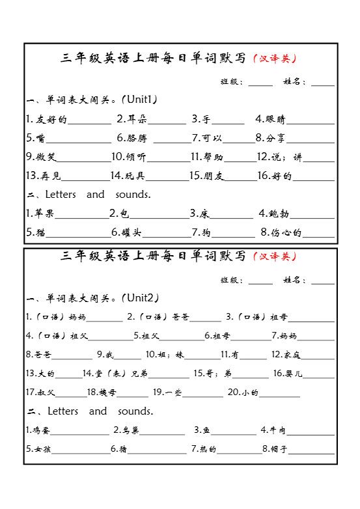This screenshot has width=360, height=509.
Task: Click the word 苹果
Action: [x=44, y=213]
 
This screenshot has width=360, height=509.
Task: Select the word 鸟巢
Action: [x=130, y=430]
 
